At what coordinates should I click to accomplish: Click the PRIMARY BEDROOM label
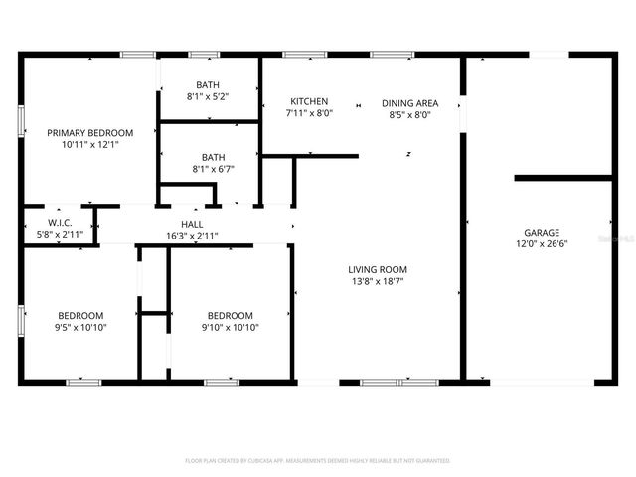(89, 132)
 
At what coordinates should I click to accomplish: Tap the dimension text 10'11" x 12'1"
(89, 145)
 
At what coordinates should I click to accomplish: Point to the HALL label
(192, 224)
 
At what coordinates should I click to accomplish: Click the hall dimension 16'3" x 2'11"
(192, 236)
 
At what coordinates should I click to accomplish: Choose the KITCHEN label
(309, 101)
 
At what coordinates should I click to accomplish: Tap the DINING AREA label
(410, 102)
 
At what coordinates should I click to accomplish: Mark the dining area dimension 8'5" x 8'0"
(410, 114)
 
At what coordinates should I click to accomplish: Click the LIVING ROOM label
(377, 269)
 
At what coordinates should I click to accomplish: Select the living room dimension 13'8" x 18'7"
(377, 281)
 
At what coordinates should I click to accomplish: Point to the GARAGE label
(543, 231)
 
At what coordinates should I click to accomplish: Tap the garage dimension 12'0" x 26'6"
(543, 243)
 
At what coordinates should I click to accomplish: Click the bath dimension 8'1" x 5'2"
(208, 96)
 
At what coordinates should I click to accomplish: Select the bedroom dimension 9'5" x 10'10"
(80, 327)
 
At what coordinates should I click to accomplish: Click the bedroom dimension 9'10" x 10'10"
(231, 327)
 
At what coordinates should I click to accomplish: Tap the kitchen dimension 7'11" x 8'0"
(309, 113)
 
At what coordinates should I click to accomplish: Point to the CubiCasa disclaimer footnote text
(318, 461)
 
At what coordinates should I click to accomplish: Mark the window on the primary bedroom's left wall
(21, 119)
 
